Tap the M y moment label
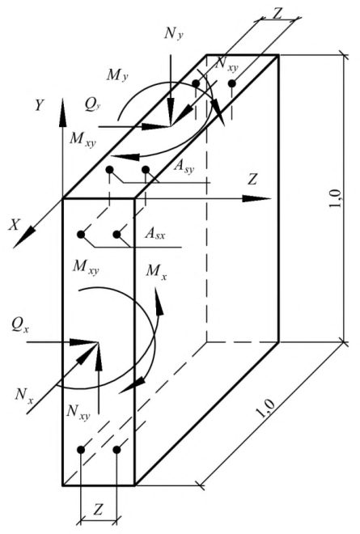pos(117,75)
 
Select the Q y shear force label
pos(93,105)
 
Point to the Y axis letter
pos(40,105)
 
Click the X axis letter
pos(14,225)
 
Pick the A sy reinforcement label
pos(184,166)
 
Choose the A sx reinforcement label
pos(155,234)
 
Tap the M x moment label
pos(156,272)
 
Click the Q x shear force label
pos(19,325)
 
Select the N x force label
pos(23,396)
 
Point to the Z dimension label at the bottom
pos(98,510)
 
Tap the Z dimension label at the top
pos(277,14)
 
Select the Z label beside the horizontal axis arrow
pos(252,180)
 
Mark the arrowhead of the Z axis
pos(257,198)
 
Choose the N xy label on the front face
pos(78,412)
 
